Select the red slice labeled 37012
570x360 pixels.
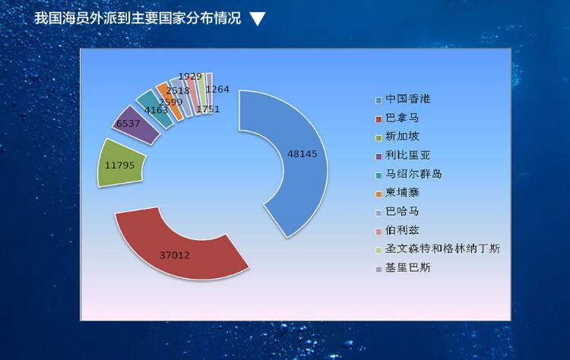178,251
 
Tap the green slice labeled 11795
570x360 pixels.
120,164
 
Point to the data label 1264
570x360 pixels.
217,90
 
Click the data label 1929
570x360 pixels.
190,76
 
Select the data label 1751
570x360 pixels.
208,109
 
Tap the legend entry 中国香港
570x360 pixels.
403,99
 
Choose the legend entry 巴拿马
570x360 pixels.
397,118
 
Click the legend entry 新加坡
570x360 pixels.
397,137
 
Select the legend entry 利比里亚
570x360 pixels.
403,156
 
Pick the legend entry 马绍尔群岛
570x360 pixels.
409,174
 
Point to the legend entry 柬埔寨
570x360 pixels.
397,193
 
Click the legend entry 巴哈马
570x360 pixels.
397,211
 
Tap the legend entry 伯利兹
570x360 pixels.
397,230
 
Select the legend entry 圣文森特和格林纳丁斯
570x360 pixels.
438,249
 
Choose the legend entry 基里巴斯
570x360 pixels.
403,268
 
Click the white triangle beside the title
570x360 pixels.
258,18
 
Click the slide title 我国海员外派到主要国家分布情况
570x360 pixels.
138,18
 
